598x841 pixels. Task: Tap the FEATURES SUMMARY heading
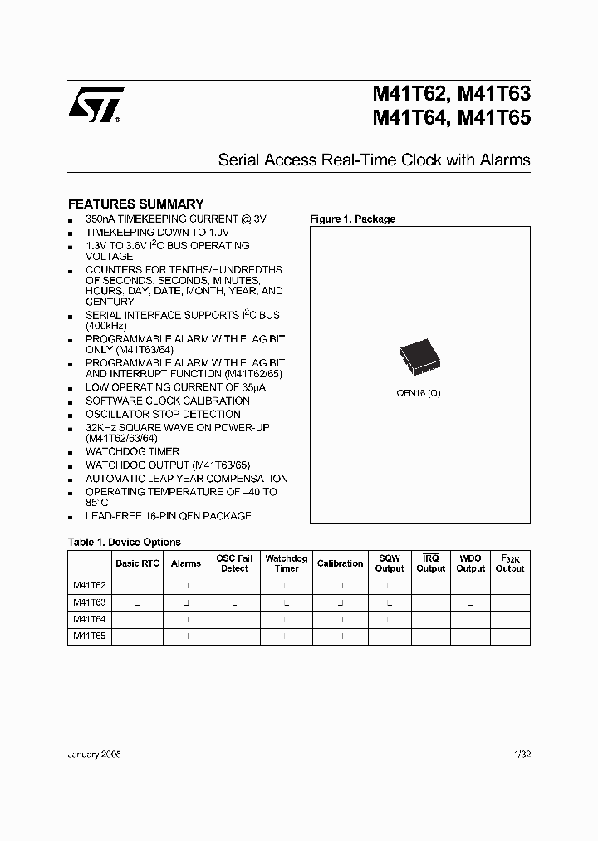pos(135,204)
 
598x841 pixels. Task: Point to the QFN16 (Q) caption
pos(419,392)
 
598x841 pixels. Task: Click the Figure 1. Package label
pos(352,219)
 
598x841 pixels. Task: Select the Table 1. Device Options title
pos(124,542)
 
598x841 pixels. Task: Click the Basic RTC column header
pos(138,563)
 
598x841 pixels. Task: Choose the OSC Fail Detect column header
pos(234,563)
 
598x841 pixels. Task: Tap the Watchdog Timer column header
pos(287,563)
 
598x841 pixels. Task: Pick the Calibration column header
pos(340,563)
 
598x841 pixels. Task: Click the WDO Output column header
pos(470,563)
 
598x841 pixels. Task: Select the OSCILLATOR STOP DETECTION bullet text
pos(163,414)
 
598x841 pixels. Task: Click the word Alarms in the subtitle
pos(505,160)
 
